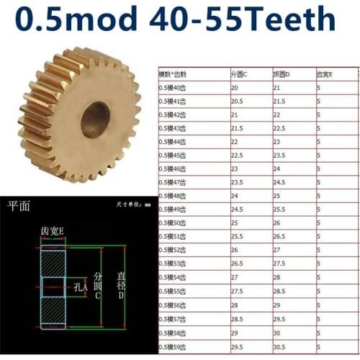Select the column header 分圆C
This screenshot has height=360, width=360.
coord(239,73)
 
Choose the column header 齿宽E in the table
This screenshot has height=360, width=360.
coord(325,73)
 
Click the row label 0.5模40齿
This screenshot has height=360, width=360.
coord(173,87)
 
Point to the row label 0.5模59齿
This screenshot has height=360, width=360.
coord(173,347)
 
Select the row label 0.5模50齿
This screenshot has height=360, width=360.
coord(173,224)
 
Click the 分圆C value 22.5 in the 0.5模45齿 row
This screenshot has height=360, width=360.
coord(237,156)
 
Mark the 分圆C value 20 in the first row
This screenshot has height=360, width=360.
coord(235,87)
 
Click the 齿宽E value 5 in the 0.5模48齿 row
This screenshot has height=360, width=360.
coord(319,197)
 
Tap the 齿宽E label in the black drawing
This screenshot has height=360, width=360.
coord(52,230)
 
